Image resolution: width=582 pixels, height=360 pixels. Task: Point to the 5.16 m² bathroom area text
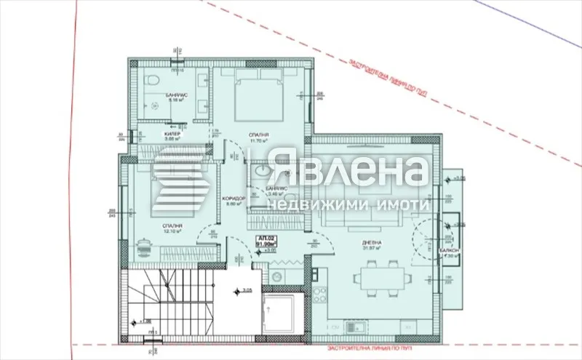point(174,100)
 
